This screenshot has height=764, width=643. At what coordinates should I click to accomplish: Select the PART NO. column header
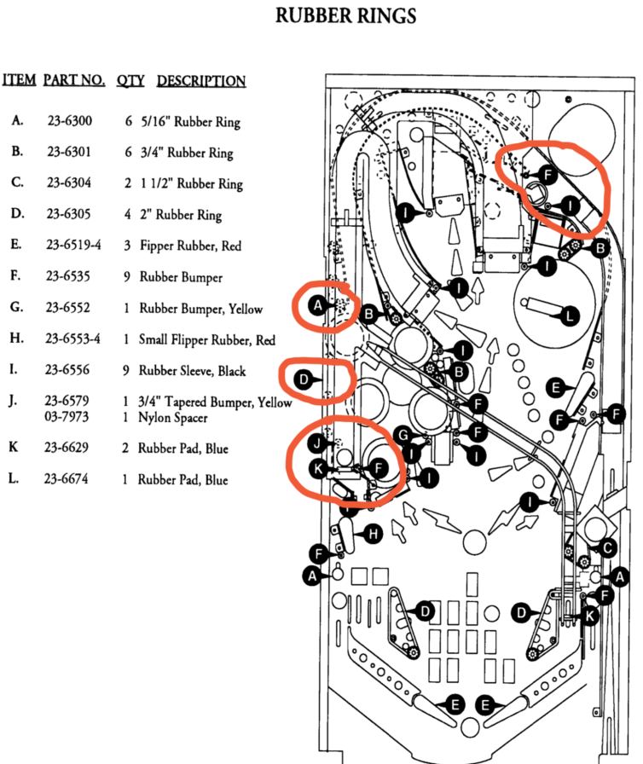(x=74, y=80)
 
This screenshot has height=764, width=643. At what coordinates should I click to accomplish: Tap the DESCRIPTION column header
(x=201, y=81)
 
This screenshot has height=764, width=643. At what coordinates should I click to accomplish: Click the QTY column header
(x=130, y=80)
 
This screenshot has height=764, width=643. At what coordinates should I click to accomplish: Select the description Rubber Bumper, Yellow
(x=200, y=309)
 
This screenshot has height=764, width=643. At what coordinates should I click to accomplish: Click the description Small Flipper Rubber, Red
(x=207, y=339)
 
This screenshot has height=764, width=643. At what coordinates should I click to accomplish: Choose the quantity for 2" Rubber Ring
(x=130, y=215)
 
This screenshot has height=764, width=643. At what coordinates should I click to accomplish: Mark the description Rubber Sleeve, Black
(x=192, y=370)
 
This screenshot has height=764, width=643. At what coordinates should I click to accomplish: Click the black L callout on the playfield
(x=570, y=316)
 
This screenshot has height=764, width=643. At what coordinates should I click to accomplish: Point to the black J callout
(x=316, y=443)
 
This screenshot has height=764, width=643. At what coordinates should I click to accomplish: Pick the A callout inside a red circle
(x=317, y=304)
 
